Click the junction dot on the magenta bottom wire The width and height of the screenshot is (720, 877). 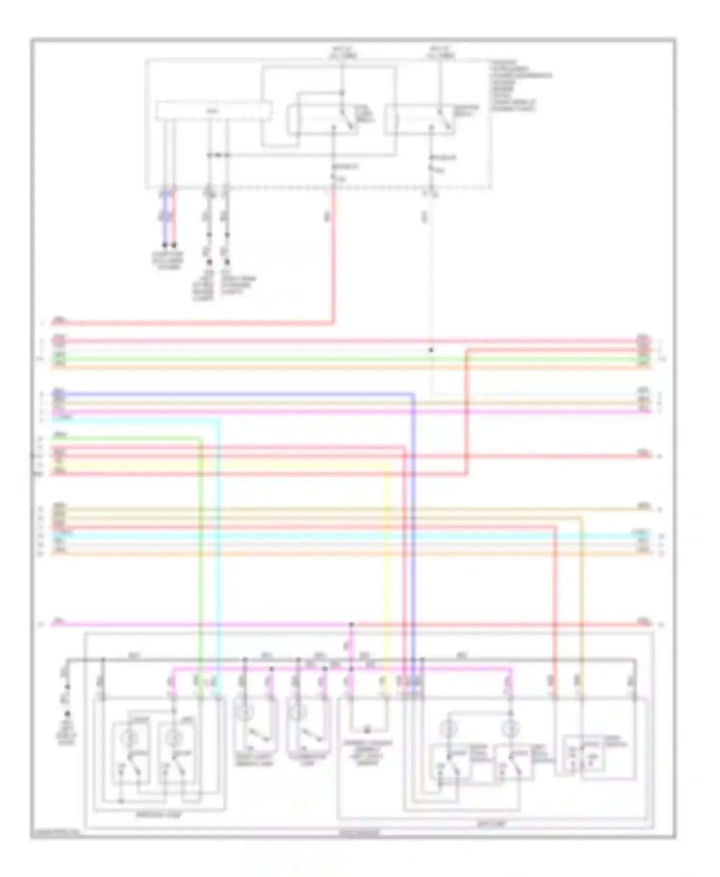[351, 624]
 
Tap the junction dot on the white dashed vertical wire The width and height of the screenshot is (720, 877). [431, 350]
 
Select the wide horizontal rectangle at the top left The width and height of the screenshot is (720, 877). [214, 111]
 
